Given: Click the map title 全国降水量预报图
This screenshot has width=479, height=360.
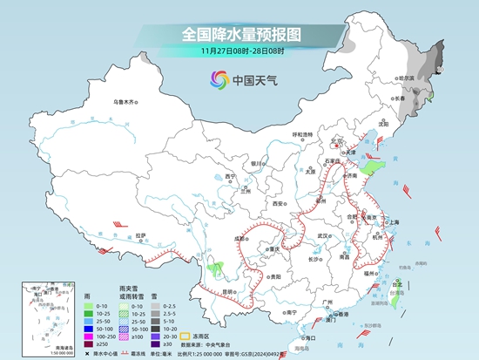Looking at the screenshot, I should (240, 35).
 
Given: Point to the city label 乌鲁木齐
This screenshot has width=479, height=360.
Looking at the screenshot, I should (125, 103).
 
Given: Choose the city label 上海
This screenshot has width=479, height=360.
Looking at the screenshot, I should (392, 222).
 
